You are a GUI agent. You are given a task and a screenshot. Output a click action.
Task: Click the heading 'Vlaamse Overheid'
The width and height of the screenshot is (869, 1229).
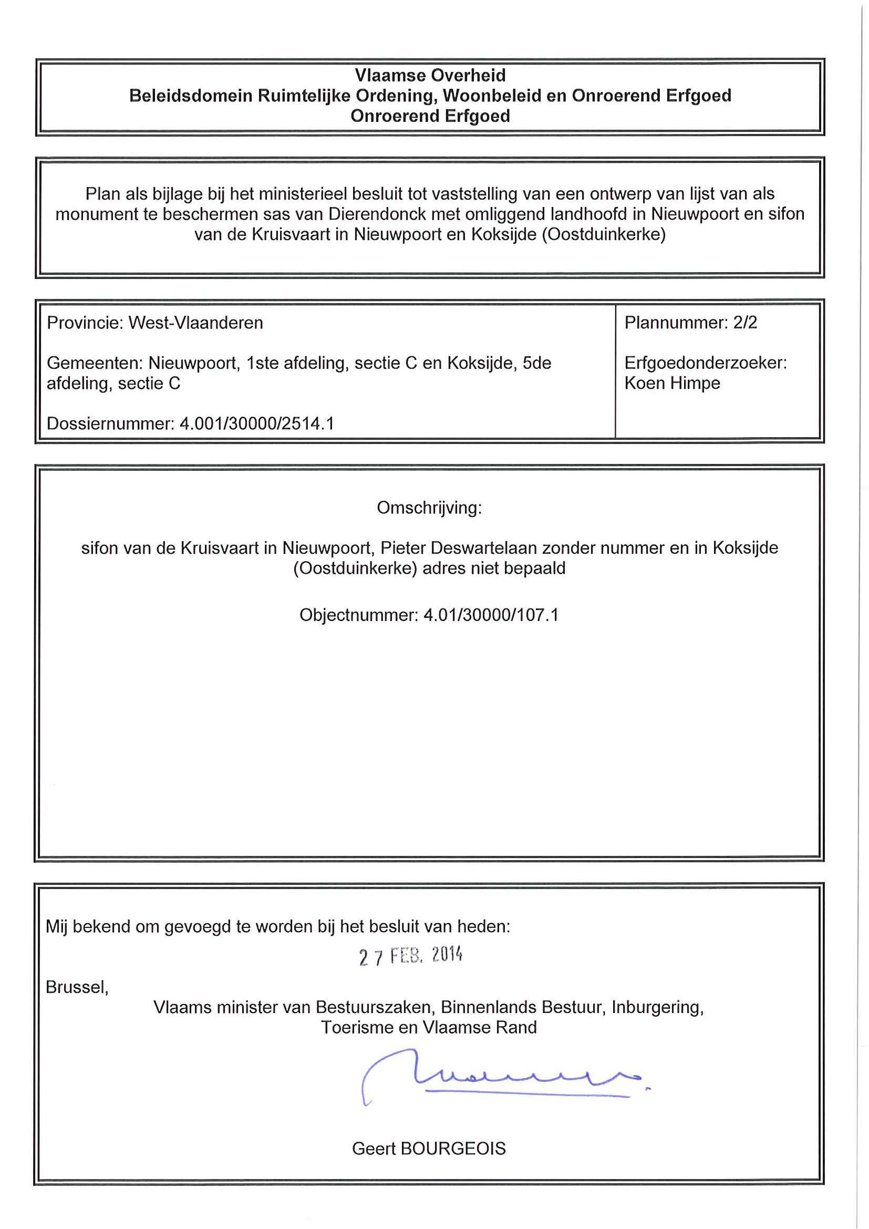pos(430,76)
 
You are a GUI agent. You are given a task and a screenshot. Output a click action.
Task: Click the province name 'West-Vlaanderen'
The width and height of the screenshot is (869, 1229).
pos(196,323)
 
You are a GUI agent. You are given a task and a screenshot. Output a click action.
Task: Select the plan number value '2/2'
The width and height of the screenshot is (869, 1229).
pos(746,323)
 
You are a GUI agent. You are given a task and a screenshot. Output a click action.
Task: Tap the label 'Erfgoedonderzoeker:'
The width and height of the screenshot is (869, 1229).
pos(705,364)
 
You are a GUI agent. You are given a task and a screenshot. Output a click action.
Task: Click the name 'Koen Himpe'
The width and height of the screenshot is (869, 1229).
pos(672,383)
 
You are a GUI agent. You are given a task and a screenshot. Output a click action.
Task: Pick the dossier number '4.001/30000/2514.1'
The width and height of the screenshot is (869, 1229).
pos(257,424)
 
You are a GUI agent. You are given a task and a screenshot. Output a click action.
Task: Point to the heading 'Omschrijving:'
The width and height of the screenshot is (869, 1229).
pos(429,508)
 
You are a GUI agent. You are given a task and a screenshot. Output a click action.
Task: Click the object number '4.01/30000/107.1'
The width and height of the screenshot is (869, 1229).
pos(491,615)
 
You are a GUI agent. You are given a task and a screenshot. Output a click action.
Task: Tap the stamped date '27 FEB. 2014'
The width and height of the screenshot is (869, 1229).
pos(410,956)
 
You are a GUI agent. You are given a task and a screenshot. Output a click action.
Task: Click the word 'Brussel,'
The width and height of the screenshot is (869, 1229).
pos(77,987)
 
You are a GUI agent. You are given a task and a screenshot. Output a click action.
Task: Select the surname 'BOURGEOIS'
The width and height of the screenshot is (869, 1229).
pos(453,1148)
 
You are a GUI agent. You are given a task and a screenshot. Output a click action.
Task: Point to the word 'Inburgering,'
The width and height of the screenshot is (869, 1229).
pos(657,1007)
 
